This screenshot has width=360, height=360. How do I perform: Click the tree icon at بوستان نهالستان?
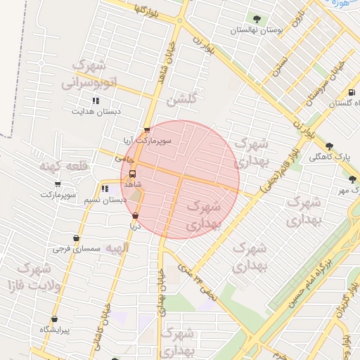click(255, 20)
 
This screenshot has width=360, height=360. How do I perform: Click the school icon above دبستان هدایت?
click(96, 101)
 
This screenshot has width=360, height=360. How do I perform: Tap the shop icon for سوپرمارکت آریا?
click(146, 130)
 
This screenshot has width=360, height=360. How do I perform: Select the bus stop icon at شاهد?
click(132, 174)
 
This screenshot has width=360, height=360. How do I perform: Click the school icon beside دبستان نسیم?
click(104, 188)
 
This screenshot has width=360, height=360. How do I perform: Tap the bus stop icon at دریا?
click(135, 217)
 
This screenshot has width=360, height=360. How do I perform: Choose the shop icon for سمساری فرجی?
click(76, 238)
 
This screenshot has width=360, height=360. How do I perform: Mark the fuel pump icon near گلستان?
click(351, 93)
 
